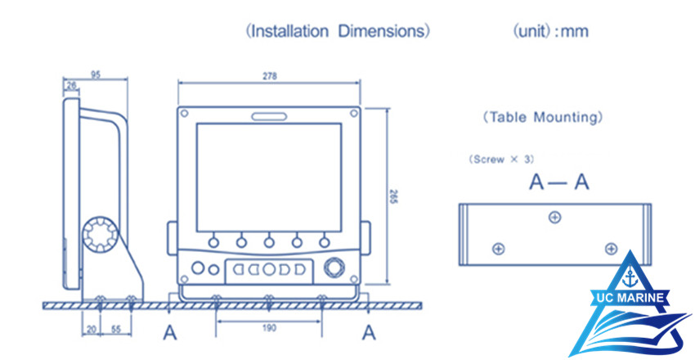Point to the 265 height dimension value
393,200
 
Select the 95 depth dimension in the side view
96,74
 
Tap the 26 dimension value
71,84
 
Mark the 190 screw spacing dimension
269,327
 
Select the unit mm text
550,32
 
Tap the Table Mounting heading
543,117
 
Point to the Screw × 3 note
502,159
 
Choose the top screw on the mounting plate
555,217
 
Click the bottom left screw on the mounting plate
499,248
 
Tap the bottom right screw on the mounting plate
609,248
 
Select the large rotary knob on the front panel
334,268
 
